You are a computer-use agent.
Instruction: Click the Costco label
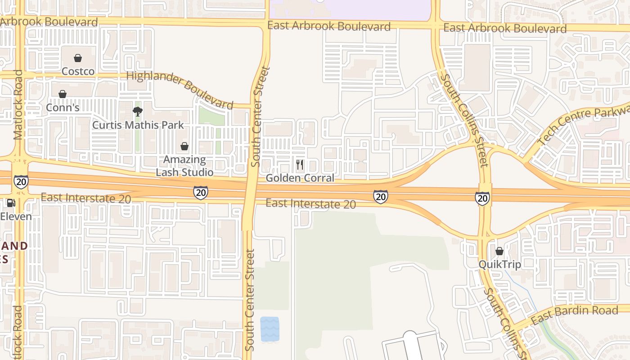tap(78, 71)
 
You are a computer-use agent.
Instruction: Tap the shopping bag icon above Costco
tap(78, 58)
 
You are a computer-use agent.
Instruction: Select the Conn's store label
tap(63, 108)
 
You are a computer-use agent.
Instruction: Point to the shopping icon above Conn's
tap(63, 94)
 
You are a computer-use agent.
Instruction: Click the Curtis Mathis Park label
tap(138, 125)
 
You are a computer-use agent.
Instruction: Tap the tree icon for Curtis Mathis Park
tap(138, 112)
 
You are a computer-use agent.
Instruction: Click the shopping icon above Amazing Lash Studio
tap(184, 146)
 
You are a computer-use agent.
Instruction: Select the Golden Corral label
tap(300, 178)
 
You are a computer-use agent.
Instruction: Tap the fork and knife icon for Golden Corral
tap(300, 165)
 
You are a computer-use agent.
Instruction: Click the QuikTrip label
tap(499, 264)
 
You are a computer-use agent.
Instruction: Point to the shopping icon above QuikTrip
tap(499, 251)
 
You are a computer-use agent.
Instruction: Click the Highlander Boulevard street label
tap(180, 90)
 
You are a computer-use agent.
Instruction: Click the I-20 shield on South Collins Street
tap(482, 198)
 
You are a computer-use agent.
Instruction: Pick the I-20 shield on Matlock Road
tap(21, 181)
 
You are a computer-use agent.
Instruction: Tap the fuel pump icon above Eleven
tap(11, 203)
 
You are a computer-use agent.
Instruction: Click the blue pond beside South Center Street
tap(270, 329)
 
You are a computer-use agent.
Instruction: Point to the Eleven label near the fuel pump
tap(16, 216)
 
